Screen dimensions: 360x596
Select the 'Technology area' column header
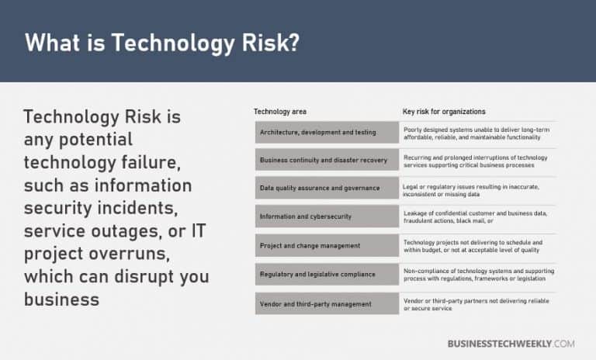[280, 112]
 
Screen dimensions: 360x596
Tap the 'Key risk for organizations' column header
[444, 112]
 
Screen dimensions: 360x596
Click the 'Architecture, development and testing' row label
[318, 133]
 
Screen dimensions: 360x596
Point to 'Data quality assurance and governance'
[320, 189]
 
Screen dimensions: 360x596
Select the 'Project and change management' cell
[310, 246]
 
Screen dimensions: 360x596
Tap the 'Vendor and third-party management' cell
[314, 303]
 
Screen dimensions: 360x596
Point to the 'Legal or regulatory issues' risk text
[471, 189]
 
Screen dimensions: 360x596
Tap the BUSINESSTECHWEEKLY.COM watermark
[511, 343]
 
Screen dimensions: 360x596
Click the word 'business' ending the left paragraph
[61, 299]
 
